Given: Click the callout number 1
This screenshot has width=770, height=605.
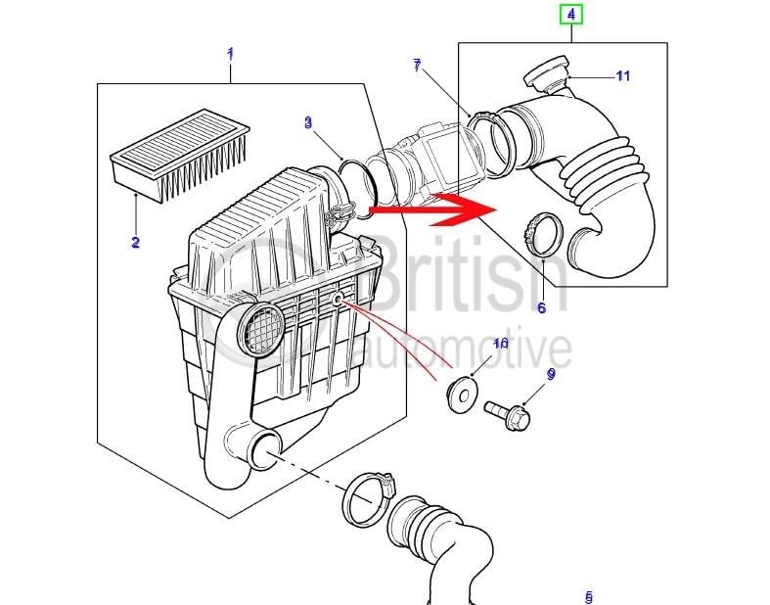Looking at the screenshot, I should [230, 53].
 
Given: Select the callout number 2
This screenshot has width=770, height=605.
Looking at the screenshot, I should [135, 243].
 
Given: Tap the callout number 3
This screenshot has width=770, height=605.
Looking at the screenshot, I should [308, 122].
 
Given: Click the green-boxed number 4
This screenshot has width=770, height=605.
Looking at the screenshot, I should [569, 15].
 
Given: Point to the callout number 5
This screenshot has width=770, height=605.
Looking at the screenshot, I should [588, 596].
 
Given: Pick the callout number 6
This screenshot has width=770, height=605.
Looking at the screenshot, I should [541, 307].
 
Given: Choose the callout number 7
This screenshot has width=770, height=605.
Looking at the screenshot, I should [417, 66].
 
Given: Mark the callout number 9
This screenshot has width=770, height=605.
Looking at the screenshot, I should [551, 374].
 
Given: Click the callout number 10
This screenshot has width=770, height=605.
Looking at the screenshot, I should [500, 344].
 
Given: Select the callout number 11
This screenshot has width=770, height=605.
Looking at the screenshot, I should [623, 76].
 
